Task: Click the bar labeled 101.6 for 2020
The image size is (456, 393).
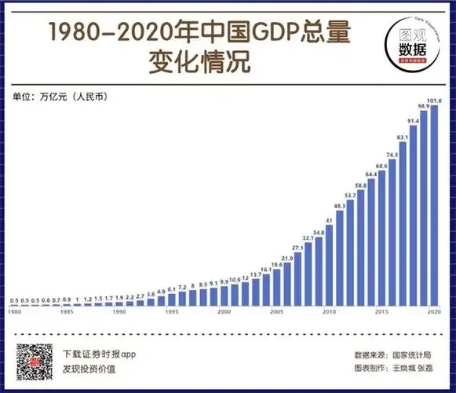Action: click(434, 204)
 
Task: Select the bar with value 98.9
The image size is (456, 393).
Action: click(424, 208)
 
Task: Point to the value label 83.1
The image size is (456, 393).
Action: click(403, 137)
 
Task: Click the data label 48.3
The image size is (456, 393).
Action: click(340, 205)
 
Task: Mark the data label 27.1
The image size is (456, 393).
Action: click(298, 248)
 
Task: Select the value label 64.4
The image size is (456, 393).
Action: click(371, 174)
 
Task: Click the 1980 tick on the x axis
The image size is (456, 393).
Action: click(14, 312)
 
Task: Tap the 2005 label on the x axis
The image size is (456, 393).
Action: click(277, 312)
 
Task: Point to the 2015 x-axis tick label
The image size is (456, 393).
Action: click(382, 312)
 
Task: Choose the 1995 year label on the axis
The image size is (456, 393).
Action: click(172, 312)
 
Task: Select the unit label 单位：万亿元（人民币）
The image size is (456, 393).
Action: click(60, 97)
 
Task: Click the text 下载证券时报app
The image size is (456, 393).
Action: click(99, 354)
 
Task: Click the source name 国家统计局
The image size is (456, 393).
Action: click(417, 354)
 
